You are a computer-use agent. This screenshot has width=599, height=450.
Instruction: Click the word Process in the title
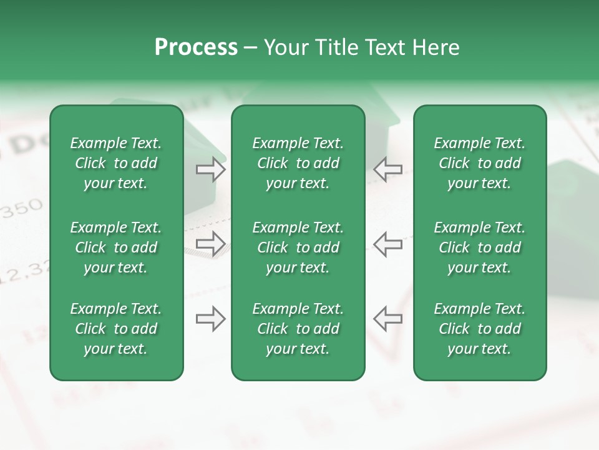[196, 47]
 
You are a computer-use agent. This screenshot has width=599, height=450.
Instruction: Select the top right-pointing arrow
[211, 169]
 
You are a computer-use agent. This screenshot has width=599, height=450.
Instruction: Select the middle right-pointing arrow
[211, 244]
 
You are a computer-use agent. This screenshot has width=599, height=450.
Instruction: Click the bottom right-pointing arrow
[211, 319]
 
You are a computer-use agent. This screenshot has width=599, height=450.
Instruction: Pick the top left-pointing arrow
[387, 169]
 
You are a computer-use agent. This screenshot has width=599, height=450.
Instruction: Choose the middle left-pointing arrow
[387, 244]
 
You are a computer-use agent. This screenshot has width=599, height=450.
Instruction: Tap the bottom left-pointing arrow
[387, 319]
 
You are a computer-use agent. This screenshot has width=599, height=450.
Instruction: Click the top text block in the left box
[116, 163]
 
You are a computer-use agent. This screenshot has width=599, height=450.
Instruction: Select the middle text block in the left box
[116, 247]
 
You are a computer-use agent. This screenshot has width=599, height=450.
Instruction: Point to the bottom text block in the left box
[116, 329]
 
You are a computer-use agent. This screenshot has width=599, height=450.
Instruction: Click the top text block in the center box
[298, 163]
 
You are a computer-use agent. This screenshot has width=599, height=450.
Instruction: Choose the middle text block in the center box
[298, 247]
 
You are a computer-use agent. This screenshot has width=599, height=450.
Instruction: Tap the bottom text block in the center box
[298, 329]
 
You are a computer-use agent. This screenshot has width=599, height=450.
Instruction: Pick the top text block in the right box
[479, 163]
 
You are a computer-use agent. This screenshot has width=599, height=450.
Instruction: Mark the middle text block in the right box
[479, 247]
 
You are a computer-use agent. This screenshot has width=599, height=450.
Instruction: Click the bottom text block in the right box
[479, 329]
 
